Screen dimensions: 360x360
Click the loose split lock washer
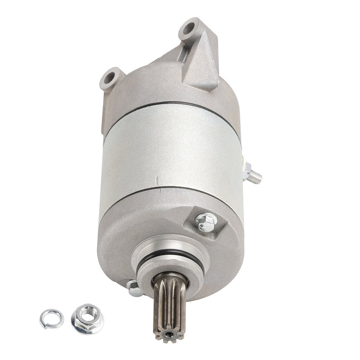(x=51, y=319)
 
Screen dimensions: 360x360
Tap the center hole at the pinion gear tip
(x=170, y=334)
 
